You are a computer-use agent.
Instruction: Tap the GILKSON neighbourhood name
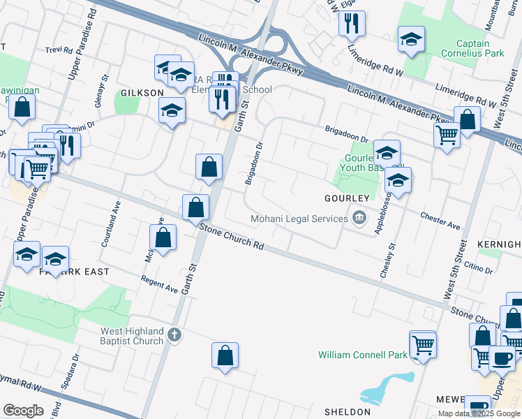pos(142,93)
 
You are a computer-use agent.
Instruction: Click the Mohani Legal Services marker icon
pos(359,219)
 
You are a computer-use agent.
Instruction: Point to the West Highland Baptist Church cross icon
pos(174,336)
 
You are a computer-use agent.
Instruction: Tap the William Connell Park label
pos(362,355)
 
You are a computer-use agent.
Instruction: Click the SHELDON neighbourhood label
pos(347,412)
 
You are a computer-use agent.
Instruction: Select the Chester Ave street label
pos(440,221)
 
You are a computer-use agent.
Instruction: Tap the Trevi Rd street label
pos(59,50)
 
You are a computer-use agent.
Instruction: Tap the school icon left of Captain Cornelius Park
pos(411,39)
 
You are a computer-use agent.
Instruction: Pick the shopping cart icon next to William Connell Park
pos(422,344)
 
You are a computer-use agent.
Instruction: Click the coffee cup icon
pos(501,358)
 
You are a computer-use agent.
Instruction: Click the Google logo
pos(23,410)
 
